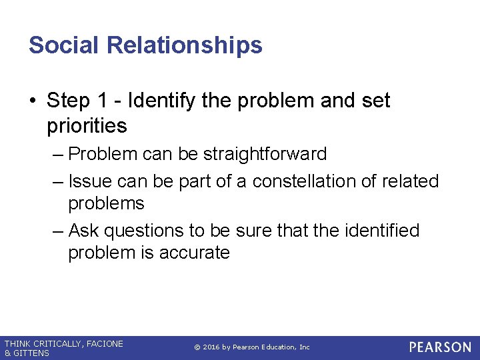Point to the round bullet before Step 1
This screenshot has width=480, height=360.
[x=33, y=101]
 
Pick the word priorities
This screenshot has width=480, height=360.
[x=87, y=125]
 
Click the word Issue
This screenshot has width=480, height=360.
[x=92, y=181]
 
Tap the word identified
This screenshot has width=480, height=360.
[x=381, y=231]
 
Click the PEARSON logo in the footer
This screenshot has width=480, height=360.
[x=440, y=347]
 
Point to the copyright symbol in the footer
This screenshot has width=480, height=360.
[x=197, y=347]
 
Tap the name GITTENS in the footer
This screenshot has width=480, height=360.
[x=31, y=353]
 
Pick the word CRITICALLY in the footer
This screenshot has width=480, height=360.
[x=56, y=343]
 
